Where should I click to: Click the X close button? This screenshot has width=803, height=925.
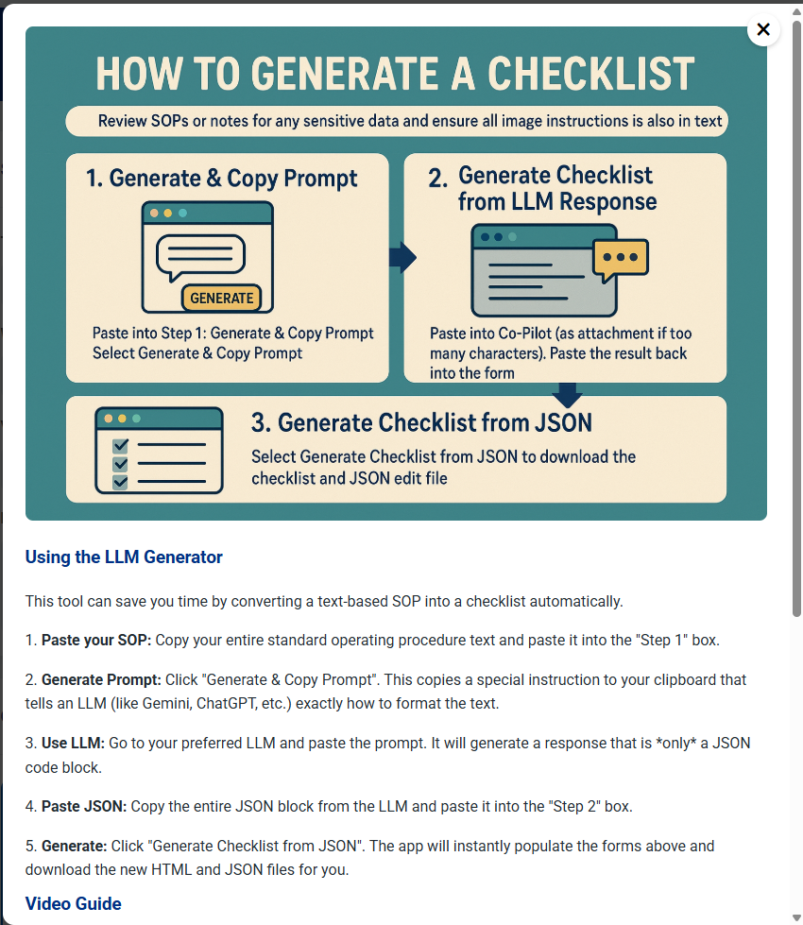pos(763,29)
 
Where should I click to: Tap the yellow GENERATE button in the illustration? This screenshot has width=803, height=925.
pos(222,298)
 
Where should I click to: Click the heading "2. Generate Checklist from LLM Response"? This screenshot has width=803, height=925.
pos(556,188)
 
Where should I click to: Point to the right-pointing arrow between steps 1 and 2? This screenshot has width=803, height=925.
pos(403,257)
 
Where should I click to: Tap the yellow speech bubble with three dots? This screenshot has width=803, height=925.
pos(620,258)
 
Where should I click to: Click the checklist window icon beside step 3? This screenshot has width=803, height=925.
pos(159,451)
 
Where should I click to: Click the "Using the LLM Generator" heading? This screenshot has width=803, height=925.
pos(124,557)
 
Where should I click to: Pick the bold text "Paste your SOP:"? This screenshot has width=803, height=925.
pos(95,641)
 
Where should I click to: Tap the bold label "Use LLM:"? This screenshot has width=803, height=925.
pos(73,744)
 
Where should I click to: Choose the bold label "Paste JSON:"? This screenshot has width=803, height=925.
pos(83,807)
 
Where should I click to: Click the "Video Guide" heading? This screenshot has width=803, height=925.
pos(74,904)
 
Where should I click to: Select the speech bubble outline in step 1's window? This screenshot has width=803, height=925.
pos(201,255)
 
